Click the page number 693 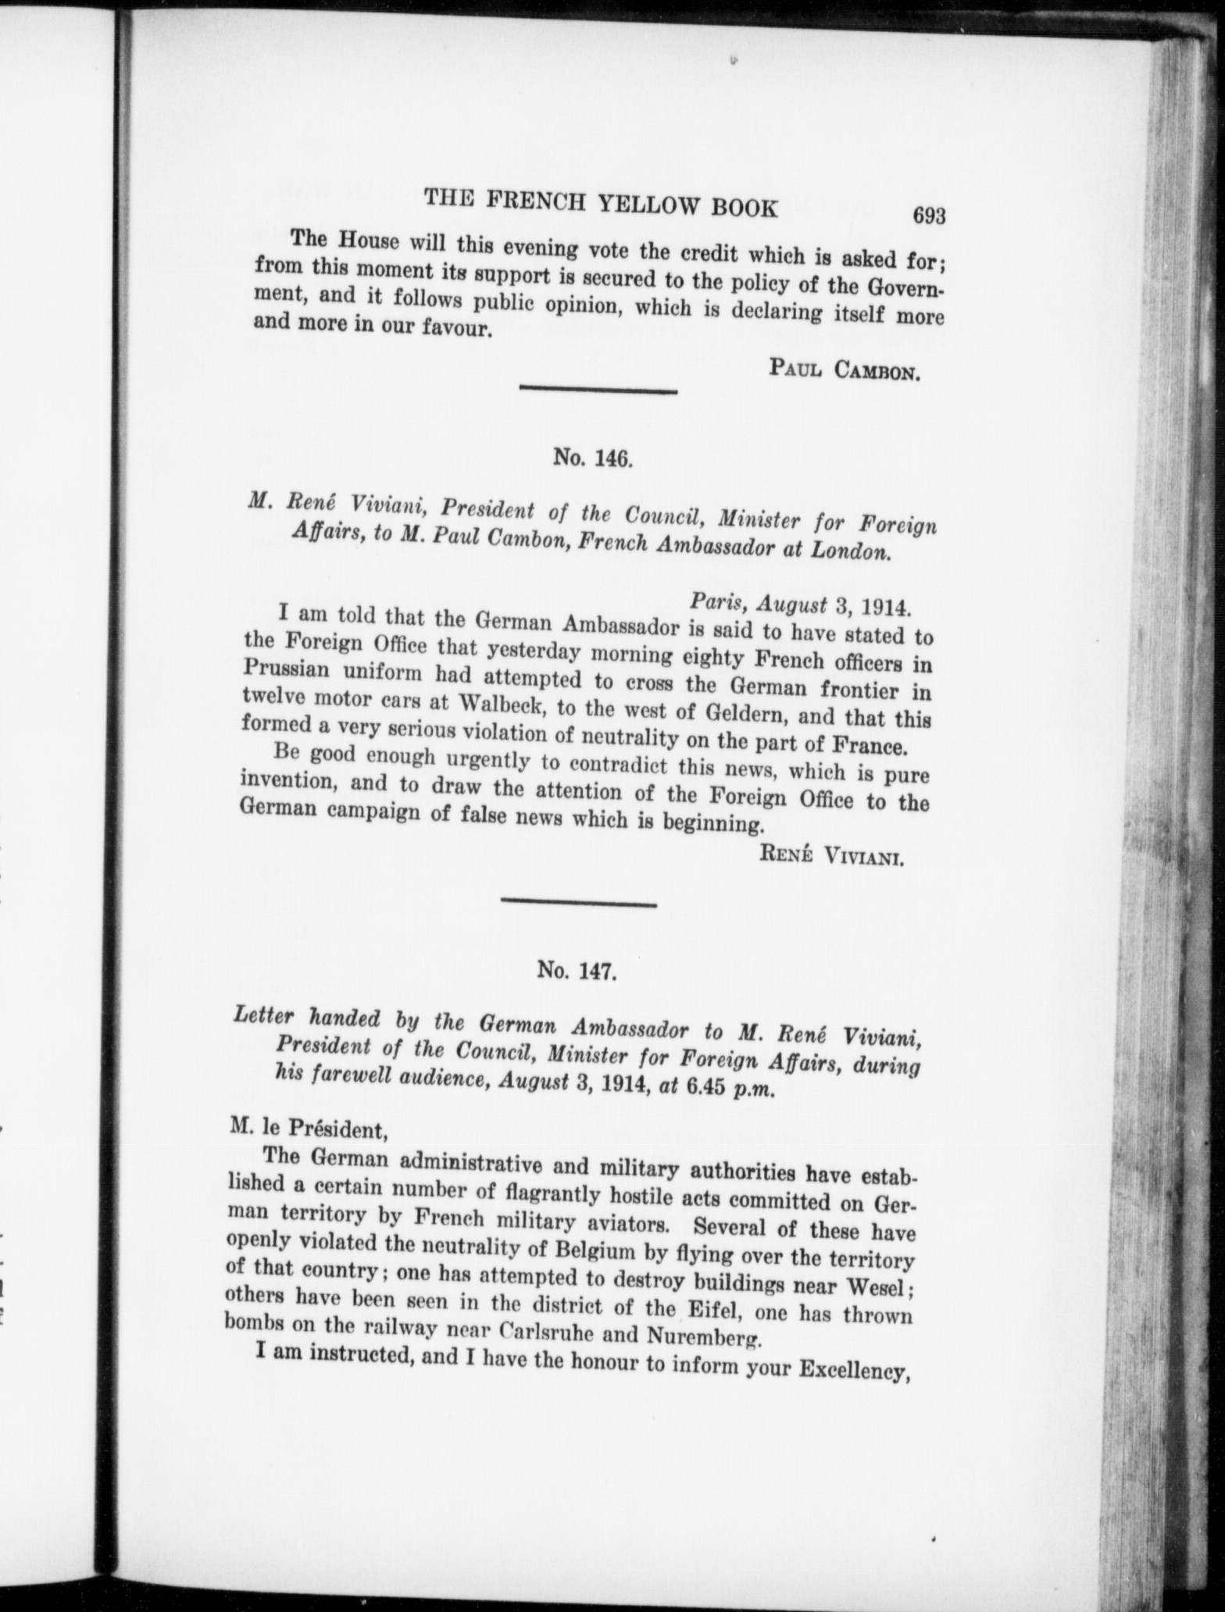coord(929,216)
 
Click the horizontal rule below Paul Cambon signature coord(598,390)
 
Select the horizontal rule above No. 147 coord(578,904)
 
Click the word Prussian coord(285,669)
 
